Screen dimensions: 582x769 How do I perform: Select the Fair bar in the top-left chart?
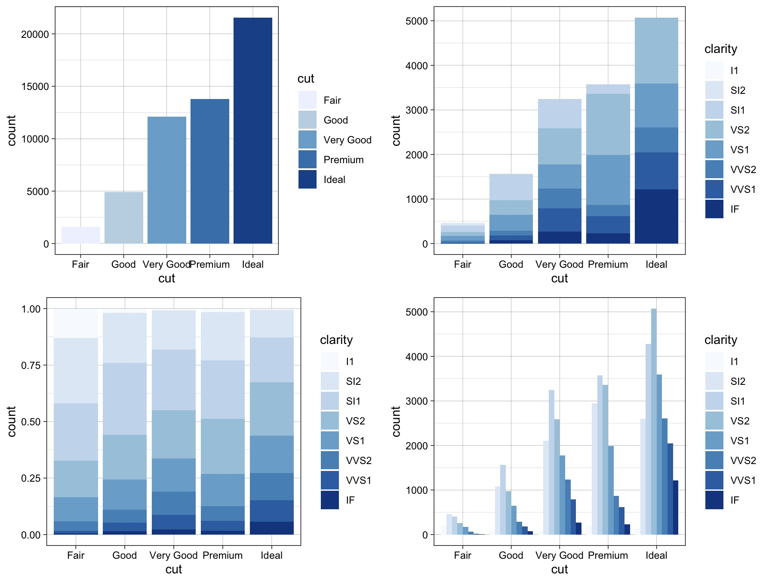tap(81, 235)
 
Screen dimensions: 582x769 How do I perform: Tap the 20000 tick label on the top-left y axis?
tap(35, 34)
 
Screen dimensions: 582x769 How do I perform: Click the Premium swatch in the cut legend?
tap(307, 160)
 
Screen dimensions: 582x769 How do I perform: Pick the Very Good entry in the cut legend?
tap(347, 140)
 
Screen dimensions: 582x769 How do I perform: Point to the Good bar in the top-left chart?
tap(124, 218)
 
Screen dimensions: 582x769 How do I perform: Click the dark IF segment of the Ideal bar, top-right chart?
tap(656, 217)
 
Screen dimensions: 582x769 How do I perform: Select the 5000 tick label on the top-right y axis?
tap(416, 21)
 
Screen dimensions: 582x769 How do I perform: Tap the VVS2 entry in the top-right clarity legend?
tap(743, 170)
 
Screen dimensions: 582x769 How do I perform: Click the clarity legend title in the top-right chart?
tap(720, 49)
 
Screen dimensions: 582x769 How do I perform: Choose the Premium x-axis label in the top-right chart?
tap(608, 264)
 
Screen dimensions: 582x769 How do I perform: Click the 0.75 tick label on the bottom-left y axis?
tap(31, 365)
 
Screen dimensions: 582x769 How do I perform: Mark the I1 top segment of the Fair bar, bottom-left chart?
tap(76, 323)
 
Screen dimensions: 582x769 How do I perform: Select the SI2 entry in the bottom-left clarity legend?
tap(353, 381)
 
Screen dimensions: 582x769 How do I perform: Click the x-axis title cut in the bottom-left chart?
tap(173, 569)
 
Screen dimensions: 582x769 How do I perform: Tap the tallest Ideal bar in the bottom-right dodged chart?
tap(654, 422)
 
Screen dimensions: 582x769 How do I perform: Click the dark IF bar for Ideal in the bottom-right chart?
tap(675, 508)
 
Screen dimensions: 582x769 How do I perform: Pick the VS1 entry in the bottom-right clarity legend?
tap(739, 441)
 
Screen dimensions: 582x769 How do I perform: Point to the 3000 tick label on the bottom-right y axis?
tap(416, 401)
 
